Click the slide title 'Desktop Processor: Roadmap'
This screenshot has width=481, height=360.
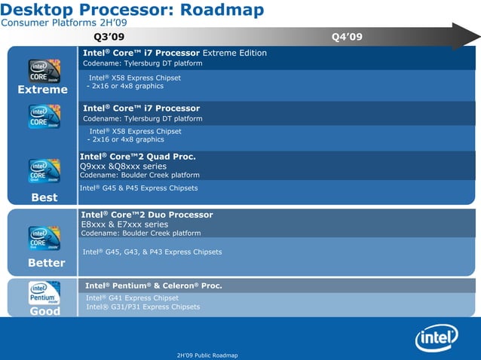click(132, 10)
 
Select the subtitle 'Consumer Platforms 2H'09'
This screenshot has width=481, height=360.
click(63, 24)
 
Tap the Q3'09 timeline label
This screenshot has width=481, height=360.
click(109, 37)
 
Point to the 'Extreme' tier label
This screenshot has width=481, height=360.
click(43, 90)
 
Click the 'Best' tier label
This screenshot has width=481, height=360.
click(44, 197)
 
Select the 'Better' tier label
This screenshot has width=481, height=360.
click(46, 263)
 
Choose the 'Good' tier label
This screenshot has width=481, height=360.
click(44, 311)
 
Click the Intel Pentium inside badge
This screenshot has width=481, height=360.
click(44, 293)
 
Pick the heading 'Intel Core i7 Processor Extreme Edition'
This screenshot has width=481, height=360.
click(174, 53)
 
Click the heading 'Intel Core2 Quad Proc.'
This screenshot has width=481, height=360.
click(138, 157)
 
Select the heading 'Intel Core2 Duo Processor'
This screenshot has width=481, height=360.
click(147, 215)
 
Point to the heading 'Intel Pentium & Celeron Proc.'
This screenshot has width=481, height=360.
click(153, 286)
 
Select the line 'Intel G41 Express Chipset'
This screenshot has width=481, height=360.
click(132, 297)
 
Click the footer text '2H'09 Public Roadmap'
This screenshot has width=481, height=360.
click(206, 355)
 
